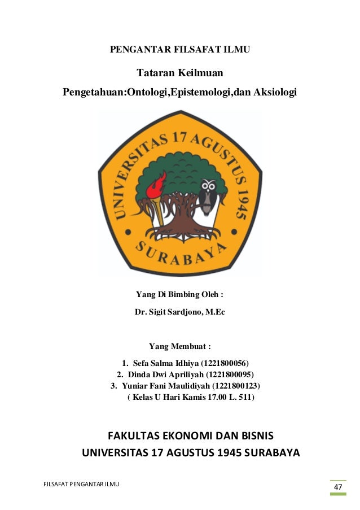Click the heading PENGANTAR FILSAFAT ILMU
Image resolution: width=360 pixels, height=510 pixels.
179,50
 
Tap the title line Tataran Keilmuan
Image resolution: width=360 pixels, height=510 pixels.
180,73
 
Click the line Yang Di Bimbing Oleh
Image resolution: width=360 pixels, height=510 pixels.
180,294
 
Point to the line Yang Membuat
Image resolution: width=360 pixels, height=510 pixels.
180,346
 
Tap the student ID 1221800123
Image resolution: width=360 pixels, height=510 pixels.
236,386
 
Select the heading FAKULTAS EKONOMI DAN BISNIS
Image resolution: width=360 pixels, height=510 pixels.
190,436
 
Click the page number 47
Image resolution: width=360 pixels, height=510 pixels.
337,487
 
